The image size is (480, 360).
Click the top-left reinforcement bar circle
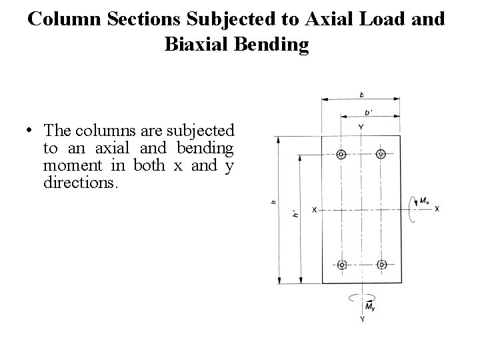[342, 155]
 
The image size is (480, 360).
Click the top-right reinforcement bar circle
[381, 155]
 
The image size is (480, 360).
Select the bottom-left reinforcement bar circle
[342, 265]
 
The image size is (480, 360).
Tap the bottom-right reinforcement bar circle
[381, 265]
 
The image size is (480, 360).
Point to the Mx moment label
[425, 200]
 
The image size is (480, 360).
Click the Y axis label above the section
[361, 126]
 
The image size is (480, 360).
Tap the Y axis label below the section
[362, 319]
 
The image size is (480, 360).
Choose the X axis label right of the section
[437, 209]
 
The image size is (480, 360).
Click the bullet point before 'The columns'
[31, 130]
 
